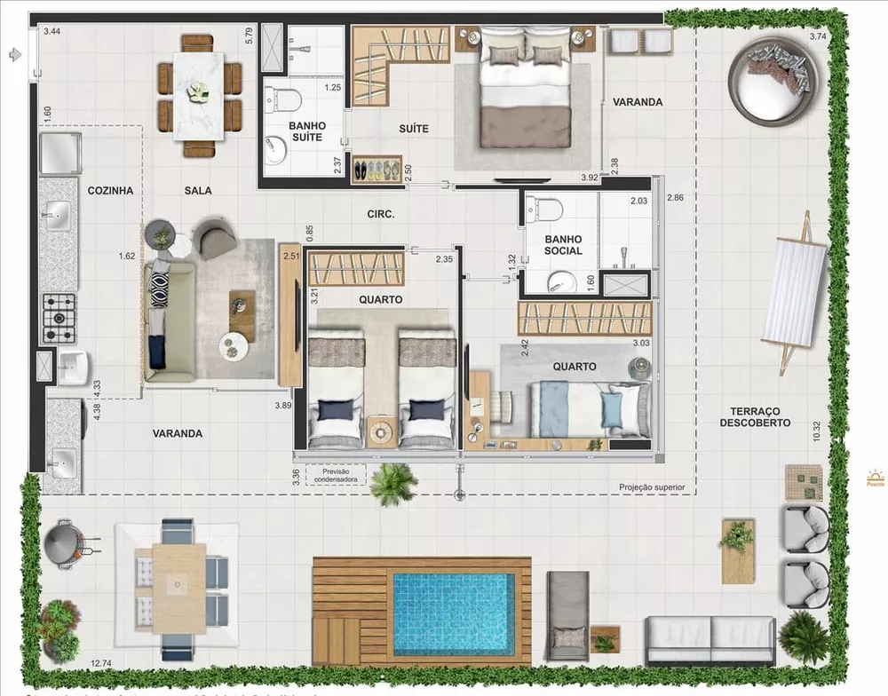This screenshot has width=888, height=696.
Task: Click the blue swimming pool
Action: pos(453,613)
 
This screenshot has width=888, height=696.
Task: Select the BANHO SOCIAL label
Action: pos(563,244)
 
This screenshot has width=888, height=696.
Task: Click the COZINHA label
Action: pos(110,190)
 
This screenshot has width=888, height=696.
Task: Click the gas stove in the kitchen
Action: pos(59,317)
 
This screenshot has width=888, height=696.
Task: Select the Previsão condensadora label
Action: pos(336,475)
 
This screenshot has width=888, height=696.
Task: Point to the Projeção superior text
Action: pos(652,487)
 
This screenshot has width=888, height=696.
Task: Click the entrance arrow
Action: pos(13,54)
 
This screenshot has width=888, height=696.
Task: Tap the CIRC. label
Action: pos(380,214)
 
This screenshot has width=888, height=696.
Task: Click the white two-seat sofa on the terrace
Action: pos(710,639)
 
